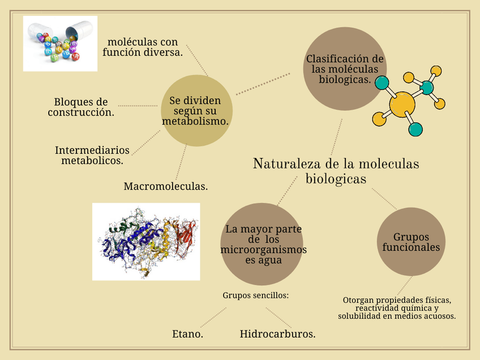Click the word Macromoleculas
[x=165, y=186]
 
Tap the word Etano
[x=187, y=334]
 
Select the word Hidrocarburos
[x=277, y=334]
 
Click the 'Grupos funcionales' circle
[x=411, y=242]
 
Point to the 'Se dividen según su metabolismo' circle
[x=196, y=110]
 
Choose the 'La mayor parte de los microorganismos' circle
[x=263, y=245]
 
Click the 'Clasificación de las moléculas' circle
[x=345, y=69]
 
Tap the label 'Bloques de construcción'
[x=81, y=107]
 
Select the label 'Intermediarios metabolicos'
[x=92, y=155]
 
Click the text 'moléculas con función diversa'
[x=143, y=47]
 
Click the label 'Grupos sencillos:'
[x=256, y=295]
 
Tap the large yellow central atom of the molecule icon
[x=402, y=104]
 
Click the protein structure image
[x=146, y=242]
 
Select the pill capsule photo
[x=60, y=44]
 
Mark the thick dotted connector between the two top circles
[x=263, y=83]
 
